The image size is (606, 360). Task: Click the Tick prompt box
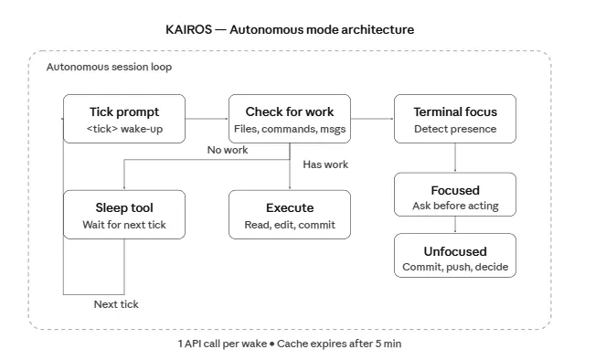[x=124, y=119]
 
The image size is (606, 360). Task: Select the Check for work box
[x=290, y=119]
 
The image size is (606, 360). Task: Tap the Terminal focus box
[x=455, y=119]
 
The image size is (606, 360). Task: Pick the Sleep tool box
[x=124, y=215]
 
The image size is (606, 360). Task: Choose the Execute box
[x=290, y=215]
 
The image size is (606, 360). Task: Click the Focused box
[x=455, y=195]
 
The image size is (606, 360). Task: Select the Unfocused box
[x=455, y=255]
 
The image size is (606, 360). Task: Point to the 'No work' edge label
[x=228, y=150]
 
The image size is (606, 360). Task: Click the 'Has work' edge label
[x=325, y=164]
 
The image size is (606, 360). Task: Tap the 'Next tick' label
[x=116, y=304]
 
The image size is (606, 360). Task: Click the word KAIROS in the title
[x=188, y=30]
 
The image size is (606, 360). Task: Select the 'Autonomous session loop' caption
[x=109, y=67]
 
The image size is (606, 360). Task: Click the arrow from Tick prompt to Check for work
[x=207, y=119]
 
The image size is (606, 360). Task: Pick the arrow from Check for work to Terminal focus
[x=372, y=119]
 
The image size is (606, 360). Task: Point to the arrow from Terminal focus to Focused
[x=455, y=158]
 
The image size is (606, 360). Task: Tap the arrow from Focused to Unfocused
[x=455, y=225]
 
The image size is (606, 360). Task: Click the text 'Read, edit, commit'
[x=290, y=225]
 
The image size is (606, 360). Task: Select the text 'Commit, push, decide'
[x=455, y=267]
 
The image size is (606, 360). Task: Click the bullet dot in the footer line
[x=272, y=344]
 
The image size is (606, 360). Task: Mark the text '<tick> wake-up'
[x=124, y=129]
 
